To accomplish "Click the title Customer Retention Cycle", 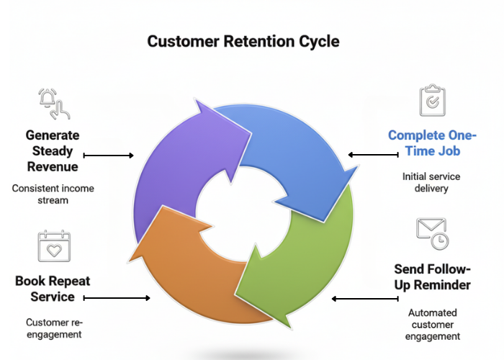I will coord(243,41).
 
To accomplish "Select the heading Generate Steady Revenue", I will coord(53,150).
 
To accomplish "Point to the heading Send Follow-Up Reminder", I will coord(432,276).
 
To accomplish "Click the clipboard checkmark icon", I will coord(432,102).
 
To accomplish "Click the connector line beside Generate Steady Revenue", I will coord(109,155).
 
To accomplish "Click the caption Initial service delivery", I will coord(431,182).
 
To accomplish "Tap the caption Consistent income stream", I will coord(53,194).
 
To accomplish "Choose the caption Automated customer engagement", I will coord(433,325).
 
